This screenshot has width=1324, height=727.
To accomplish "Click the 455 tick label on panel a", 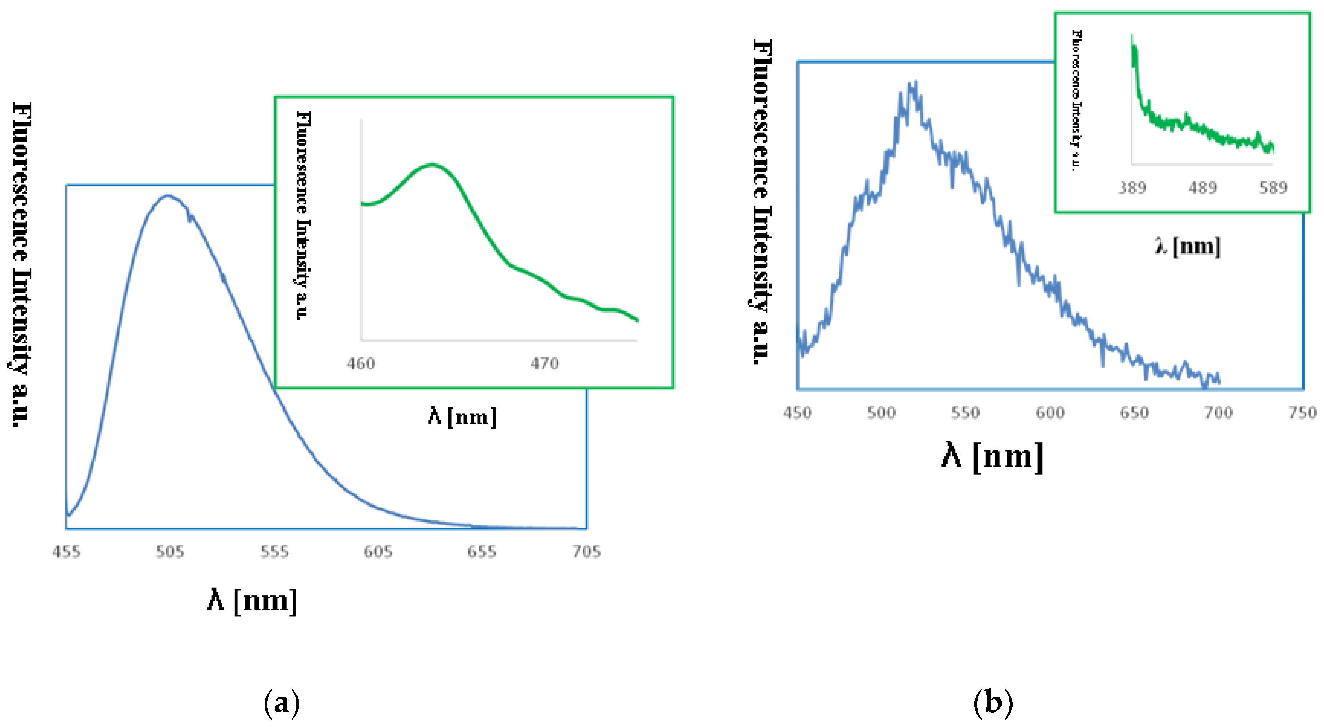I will pyautogui.click(x=66, y=551).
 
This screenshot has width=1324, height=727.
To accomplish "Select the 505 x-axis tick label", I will pyautogui.click(x=170, y=551).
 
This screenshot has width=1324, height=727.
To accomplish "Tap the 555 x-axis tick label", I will pyautogui.click(x=274, y=551).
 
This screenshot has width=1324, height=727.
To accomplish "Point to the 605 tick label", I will pyautogui.click(x=378, y=551).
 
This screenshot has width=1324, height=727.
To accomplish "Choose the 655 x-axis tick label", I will pyautogui.click(x=482, y=551).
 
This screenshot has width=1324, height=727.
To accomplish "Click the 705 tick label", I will pyautogui.click(x=587, y=551).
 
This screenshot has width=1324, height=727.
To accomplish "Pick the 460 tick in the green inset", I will pyautogui.click(x=361, y=363).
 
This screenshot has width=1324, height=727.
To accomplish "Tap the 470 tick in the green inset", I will pyautogui.click(x=545, y=363).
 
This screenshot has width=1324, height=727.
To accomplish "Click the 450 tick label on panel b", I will pyautogui.click(x=797, y=412).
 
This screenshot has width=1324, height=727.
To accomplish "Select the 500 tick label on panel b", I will pyautogui.click(x=881, y=412).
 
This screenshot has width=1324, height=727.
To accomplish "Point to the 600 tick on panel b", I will pyautogui.click(x=1050, y=412).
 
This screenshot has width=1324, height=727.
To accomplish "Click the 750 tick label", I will pyautogui.click(x=1303, y=412).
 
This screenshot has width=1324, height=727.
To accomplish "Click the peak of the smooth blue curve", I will pyautogui.click(x=168, y=195).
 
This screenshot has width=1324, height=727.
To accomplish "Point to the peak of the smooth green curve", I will pyautogui.click(x=433, y=165).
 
